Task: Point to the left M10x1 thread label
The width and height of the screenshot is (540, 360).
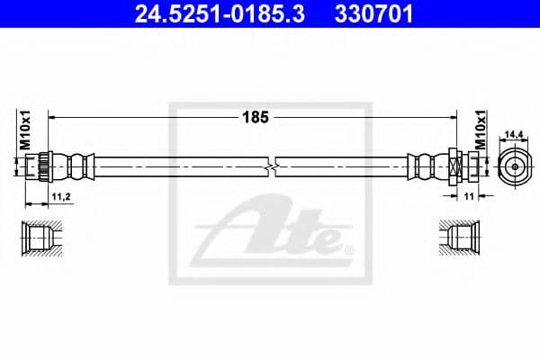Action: pyautogui.click(x=26, y=130)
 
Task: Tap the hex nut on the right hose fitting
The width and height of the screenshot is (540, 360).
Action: pyautogui.click(x=454, y=166)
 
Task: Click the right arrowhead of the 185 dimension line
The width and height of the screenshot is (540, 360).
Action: pyautogui.click(x=455, y=117)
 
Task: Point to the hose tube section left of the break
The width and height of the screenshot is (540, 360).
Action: pyautogui.click(x=180, y=166)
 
